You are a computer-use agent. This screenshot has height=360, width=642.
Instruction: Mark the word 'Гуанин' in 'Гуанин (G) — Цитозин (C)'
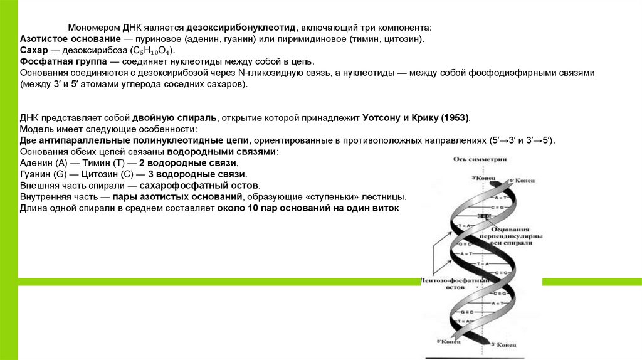click(36, 174)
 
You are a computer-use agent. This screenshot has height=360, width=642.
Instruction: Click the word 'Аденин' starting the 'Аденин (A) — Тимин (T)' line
click(35, 163)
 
